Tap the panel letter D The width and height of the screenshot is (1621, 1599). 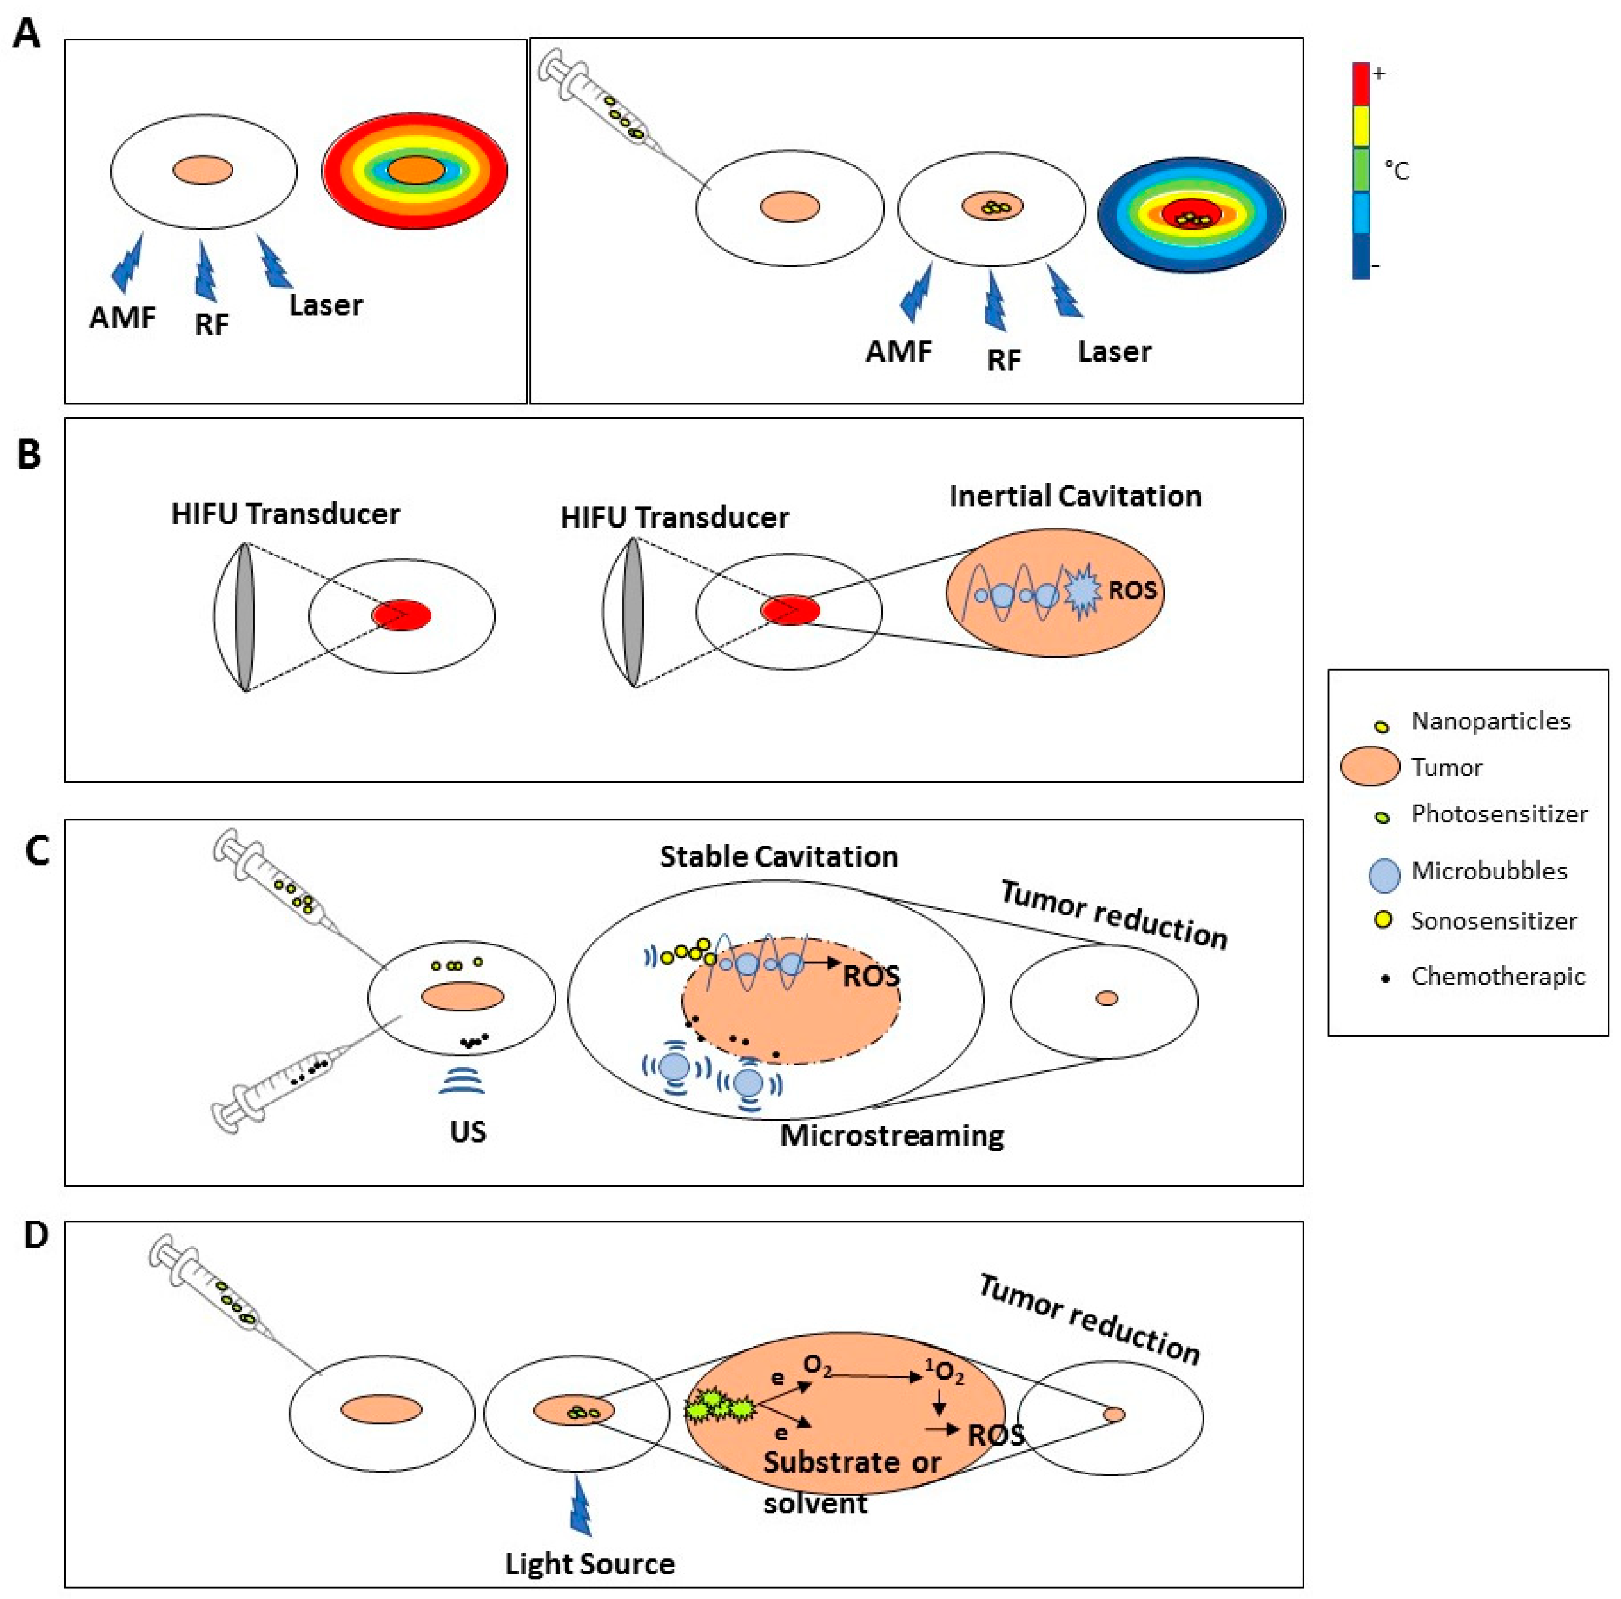click(35, 1235)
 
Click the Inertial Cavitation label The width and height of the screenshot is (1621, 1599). click(1075, 496)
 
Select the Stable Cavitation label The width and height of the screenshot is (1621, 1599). click(779, 857)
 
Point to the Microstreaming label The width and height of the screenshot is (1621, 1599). click(892, 1136)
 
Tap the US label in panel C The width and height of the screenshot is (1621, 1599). click(467, 1132)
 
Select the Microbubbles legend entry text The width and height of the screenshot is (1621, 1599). click(1489, 871)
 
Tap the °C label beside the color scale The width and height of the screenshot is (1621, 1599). click(1396, 171)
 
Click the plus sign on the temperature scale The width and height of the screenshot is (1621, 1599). click(1378, 74)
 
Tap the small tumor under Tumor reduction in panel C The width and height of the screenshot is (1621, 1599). click(1107, 998)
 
